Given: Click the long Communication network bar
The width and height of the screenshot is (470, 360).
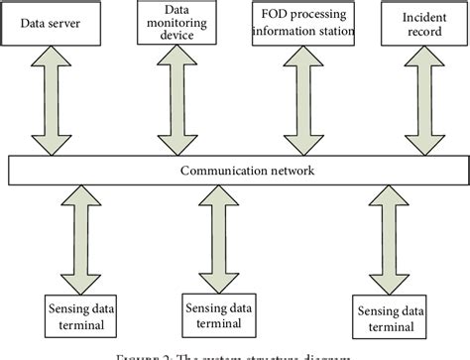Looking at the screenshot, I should coord(234,170).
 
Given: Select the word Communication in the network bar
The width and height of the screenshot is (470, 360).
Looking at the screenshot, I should coord(214,170).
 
